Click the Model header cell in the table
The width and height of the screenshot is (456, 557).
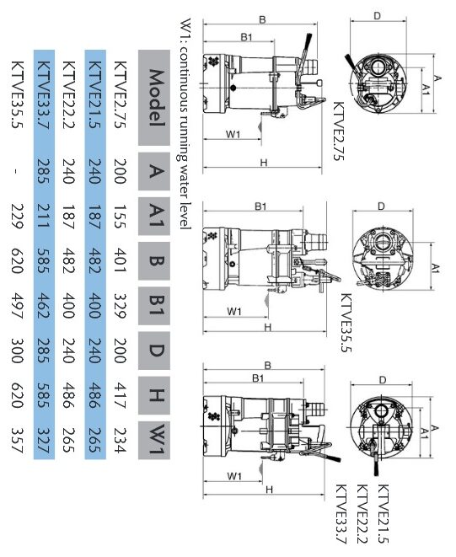tap(154, 98)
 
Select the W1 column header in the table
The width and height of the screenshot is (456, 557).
tap(154, 440)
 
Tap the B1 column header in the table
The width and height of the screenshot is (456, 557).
tap(154, 306)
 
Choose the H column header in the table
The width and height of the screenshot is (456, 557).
tap(154, 395)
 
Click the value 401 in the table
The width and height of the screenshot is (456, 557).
tap(121, 260)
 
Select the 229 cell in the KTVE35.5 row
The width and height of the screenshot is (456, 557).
tap(18, 216)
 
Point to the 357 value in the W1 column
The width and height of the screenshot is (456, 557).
tap(18, 441)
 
